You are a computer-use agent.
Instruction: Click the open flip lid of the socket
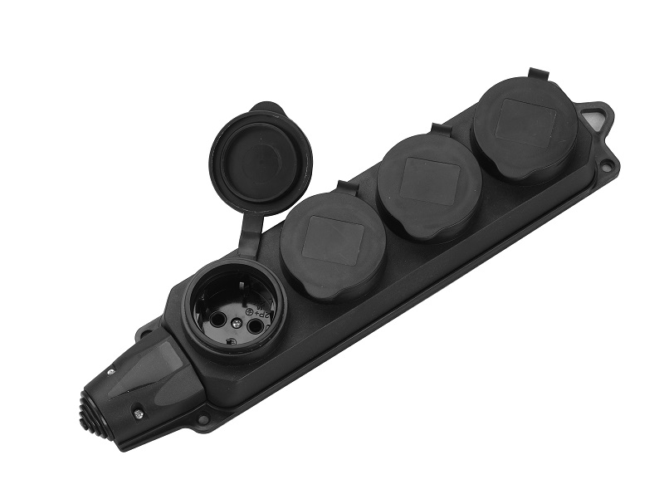click(x=260, y=157)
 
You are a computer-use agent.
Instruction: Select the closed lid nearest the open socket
click(x=333, y=243)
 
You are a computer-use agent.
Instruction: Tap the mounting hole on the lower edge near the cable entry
click(x=202, y=419)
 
